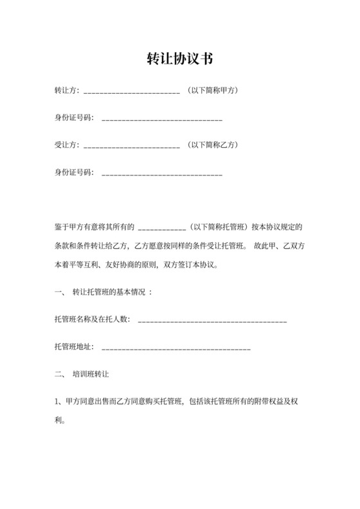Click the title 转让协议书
pos(180,60)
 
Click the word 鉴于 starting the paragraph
pos(62,227)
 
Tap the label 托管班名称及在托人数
pos(93,319)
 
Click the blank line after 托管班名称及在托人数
pos(212,321)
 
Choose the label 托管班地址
pos(74,346)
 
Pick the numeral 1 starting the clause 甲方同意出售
pos(57,403)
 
